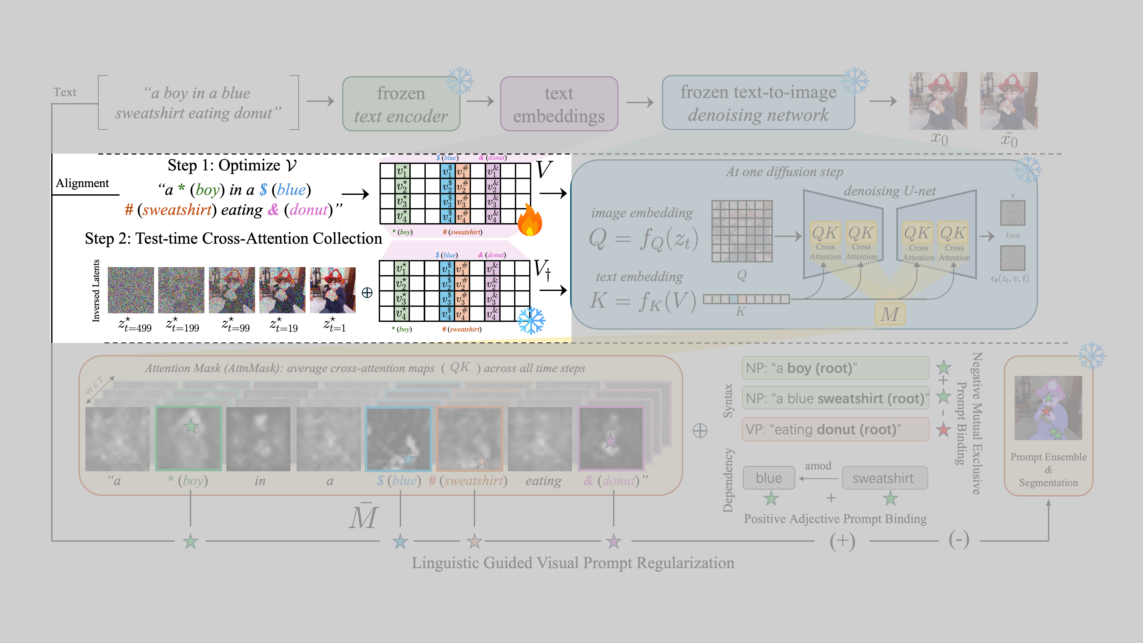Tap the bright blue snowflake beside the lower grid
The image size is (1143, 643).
click(531, 320)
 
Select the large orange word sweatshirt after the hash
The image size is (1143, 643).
click(177, 210)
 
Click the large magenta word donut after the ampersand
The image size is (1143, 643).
click(308, 210)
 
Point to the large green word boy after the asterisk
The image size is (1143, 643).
click(207, 190)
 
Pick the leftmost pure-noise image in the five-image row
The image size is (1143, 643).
click(131, 290)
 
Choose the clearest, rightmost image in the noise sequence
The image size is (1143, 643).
click(332, 290)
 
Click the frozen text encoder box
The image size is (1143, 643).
click(401, 104)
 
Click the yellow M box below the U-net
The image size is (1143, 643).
click(890, 314)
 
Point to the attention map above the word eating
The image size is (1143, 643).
click(540, 439)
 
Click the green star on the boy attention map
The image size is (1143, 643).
click(191, 426)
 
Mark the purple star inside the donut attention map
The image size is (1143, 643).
click(610, 441)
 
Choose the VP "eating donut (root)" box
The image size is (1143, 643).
click(835, 429)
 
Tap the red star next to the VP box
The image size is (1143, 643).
click(943, 429)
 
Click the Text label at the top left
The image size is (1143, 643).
click(65, 92)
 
